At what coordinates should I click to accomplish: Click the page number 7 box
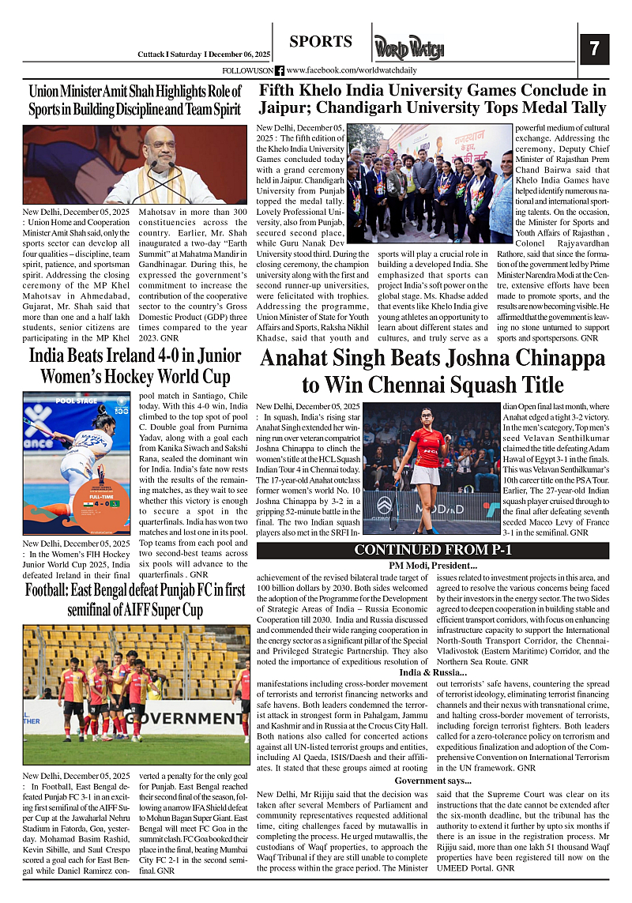[594, 49]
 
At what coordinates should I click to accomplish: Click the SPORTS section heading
[320, 42]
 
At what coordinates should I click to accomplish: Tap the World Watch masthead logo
[409, 48]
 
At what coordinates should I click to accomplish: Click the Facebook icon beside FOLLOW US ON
[280, 71]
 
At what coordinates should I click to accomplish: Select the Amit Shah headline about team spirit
[135, 100]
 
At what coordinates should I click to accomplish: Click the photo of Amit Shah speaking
[135, 165]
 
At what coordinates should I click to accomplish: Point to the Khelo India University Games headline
[433, 99]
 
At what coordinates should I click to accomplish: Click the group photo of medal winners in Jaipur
[430, 182]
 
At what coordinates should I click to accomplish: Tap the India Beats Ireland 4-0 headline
[135, 365]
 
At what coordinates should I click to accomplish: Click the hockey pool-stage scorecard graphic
[76, 464]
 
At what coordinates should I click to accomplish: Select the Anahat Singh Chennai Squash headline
[433, 371]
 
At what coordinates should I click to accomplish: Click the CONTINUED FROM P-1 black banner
[433, 551]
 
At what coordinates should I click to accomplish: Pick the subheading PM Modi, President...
[433, 566]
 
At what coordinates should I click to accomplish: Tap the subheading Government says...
[433, 780]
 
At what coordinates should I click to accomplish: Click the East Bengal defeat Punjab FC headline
[135, 600]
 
